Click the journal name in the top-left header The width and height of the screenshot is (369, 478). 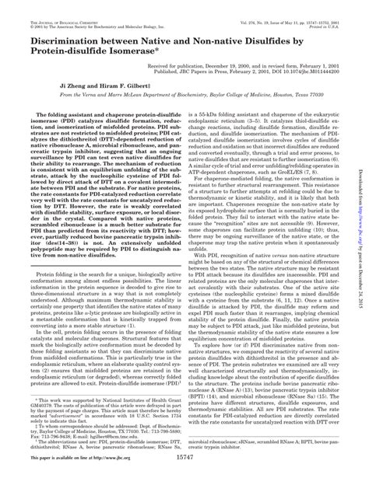[x=54, y=7]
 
